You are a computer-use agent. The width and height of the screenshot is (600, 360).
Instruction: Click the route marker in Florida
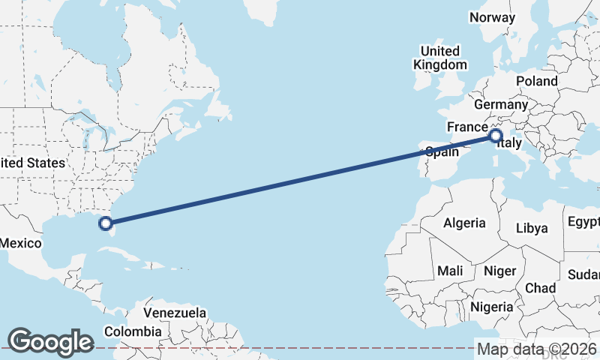(106, 223)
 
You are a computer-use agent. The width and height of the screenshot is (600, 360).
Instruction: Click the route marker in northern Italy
(495, 136)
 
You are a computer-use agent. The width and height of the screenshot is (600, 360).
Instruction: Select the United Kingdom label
(440, 58)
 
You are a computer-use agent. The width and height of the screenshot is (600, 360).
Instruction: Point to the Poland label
(536, 81)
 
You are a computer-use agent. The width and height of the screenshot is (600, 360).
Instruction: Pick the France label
(467, 127)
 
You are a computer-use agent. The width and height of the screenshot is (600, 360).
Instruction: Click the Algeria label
(464, 223)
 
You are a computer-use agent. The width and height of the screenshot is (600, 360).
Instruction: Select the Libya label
(532, 228)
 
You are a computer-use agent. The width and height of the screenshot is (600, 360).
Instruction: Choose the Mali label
(450, 270)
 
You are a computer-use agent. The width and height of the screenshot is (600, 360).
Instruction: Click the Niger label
(499, 270)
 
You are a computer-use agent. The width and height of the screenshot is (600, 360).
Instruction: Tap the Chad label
(541, 288)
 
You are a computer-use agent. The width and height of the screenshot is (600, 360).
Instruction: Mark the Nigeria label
(492, 307)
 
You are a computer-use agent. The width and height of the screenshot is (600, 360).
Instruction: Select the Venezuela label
(175, 311)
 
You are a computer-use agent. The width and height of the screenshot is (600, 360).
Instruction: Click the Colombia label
(133, 331)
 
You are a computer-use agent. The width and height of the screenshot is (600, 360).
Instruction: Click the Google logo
(50, 342)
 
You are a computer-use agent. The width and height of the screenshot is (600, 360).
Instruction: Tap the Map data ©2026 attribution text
(536, 349)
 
